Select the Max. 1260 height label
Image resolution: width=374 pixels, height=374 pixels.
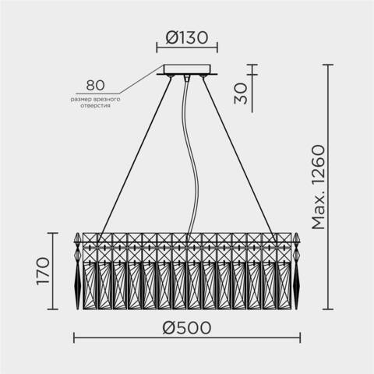coord(318,187)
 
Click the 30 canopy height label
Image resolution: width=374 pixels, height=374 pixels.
coord(242,93)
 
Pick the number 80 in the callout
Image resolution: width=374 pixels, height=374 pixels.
coord(96,85)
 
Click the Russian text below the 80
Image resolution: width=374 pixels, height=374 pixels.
coord(95,101)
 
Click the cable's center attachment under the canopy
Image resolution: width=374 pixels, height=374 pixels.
coord(186,78)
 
